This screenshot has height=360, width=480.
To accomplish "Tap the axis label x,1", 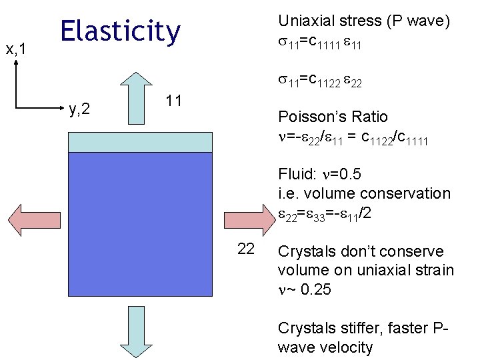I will [16, 49].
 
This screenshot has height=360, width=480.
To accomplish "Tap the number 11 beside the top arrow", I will [174, 101].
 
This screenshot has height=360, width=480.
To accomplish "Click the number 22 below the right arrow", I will [246, 249].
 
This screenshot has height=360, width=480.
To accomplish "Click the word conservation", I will [406, 193].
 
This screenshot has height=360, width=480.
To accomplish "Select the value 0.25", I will [314, 290].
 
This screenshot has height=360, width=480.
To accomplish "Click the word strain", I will [433, 271].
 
